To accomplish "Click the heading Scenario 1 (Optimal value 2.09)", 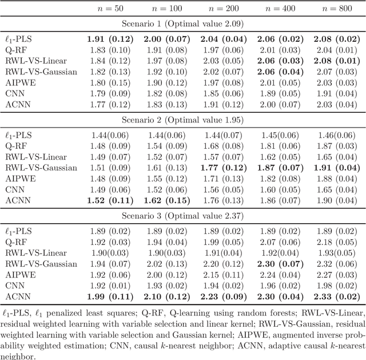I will (x=183, y=24).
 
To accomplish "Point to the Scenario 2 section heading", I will (x=183, y=120).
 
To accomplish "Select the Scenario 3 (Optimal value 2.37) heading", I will (x=183, y=216).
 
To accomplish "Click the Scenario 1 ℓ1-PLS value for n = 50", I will (x=110, y=39).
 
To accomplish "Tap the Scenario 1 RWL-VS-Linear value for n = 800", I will (x=337, y=61).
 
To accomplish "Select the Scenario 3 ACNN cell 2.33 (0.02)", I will (x=337, y=296).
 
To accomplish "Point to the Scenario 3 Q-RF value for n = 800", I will (x=337, y=242).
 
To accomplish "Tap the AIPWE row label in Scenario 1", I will (x=19, y=82).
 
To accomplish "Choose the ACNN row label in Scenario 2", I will (x=17, y=200).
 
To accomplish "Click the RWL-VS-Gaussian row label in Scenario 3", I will (x=41, y=264).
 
